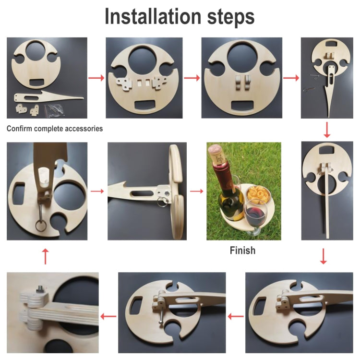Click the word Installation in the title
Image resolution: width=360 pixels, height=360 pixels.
[x=153, y=16]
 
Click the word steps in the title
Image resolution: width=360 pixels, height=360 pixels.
[x=231, y=17]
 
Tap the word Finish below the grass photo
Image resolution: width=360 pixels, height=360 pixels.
[x=242, y=250]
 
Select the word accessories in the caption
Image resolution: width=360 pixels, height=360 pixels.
[x=84, y=128]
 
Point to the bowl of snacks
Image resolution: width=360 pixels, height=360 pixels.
[x=258, y=195]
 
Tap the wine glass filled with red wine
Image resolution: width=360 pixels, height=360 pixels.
[x=255, y=217]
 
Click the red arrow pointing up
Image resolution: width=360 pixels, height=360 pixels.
[x=46, y=256]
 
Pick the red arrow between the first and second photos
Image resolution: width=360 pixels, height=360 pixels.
[x=96, y=78]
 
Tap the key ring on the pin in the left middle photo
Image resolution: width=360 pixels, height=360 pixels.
[x=41, y=226]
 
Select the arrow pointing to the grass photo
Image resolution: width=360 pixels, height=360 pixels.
[x=196, y=191]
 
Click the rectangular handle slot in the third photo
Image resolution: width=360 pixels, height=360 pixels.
[x=242, y=106]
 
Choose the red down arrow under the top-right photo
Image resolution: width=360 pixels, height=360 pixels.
[x=327, y=130]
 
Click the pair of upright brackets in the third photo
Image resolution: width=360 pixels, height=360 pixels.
[x=242, y=83]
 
